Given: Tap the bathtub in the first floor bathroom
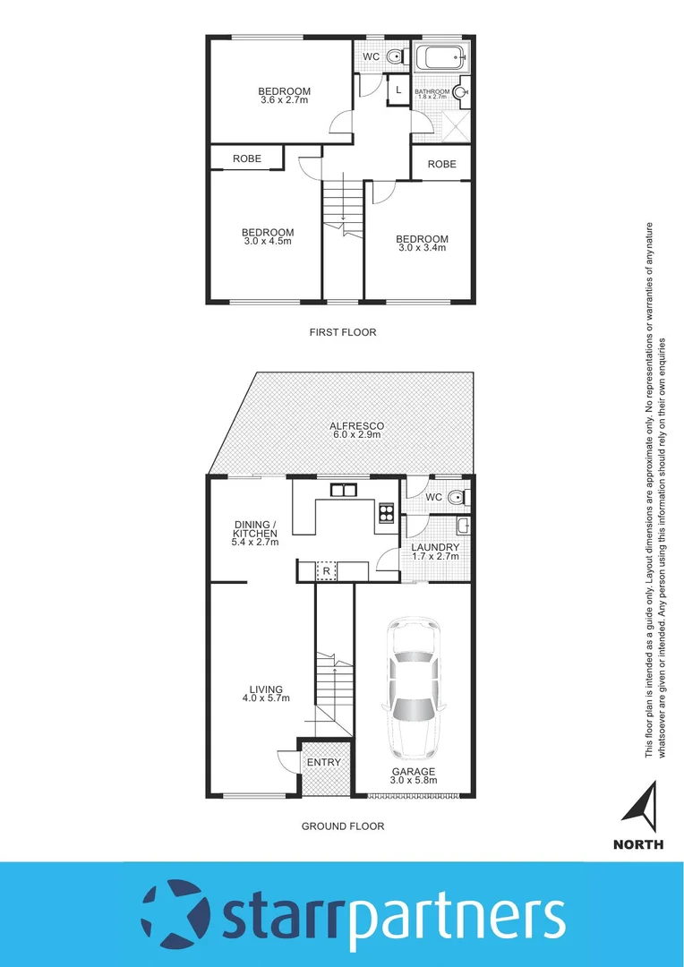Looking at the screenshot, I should click(440, 59).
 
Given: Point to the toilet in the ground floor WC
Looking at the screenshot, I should click(455, 498).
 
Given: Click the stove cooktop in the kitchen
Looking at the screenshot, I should click(388, 513).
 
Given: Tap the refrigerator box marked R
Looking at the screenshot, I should click(327, 570).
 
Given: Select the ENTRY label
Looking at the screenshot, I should click(323, 763).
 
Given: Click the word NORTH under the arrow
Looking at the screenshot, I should click(638, 844).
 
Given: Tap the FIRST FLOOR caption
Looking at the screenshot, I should click(343, 332).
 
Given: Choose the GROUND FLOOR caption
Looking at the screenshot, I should click(343, 826).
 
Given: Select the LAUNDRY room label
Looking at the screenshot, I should click(435, 547).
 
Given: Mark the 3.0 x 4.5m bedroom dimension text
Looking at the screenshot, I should click(268, 242).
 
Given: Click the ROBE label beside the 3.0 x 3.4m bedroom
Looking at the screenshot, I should click(441, 164).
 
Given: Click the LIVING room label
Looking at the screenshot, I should click(267, 689).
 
